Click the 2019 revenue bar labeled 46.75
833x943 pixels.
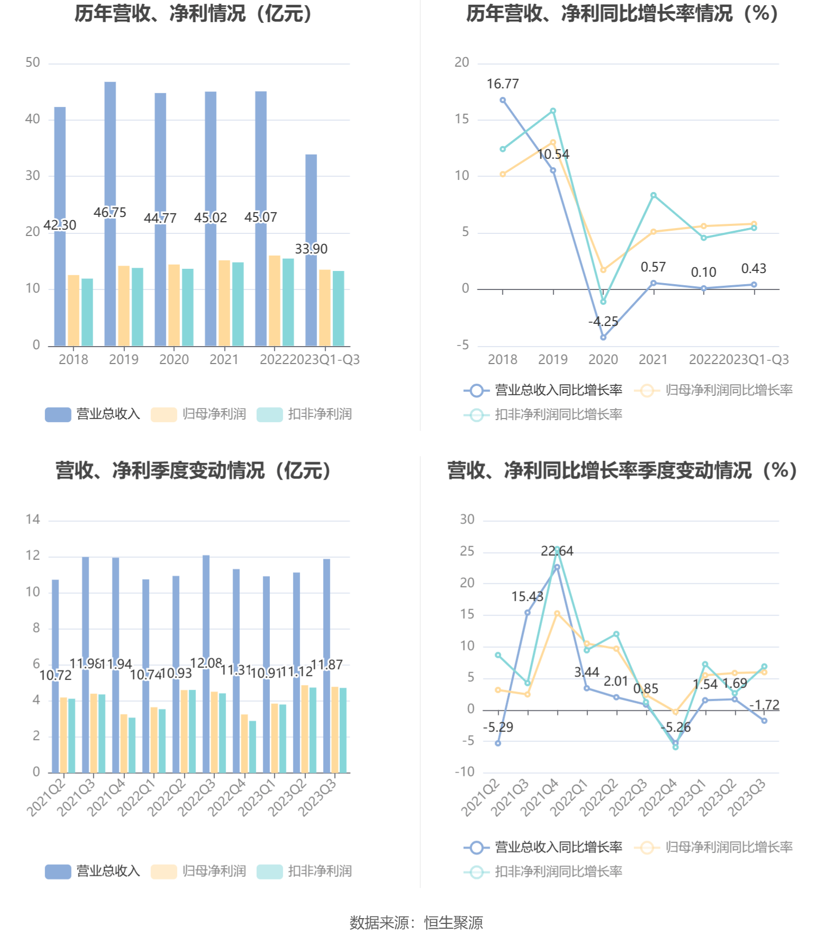point(110,159)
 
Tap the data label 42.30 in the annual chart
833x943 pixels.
point(60,225)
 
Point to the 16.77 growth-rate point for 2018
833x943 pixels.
point(503,100)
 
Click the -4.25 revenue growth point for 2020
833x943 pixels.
point(603,337)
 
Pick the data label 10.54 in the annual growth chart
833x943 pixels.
point(554,155)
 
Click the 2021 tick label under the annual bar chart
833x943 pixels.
point(224,360)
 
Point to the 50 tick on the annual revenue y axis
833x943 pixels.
point(33,63)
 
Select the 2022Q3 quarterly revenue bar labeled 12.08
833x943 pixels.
point(206,609)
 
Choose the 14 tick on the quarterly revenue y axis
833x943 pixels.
point(33,520)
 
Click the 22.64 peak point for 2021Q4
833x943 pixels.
point(557,567)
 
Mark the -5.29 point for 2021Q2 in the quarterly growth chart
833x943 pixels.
point(498,743)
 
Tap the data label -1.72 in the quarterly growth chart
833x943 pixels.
point(765,705)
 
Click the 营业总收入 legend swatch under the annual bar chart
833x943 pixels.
point(58,414)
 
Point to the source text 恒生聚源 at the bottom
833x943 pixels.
point(454,923)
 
